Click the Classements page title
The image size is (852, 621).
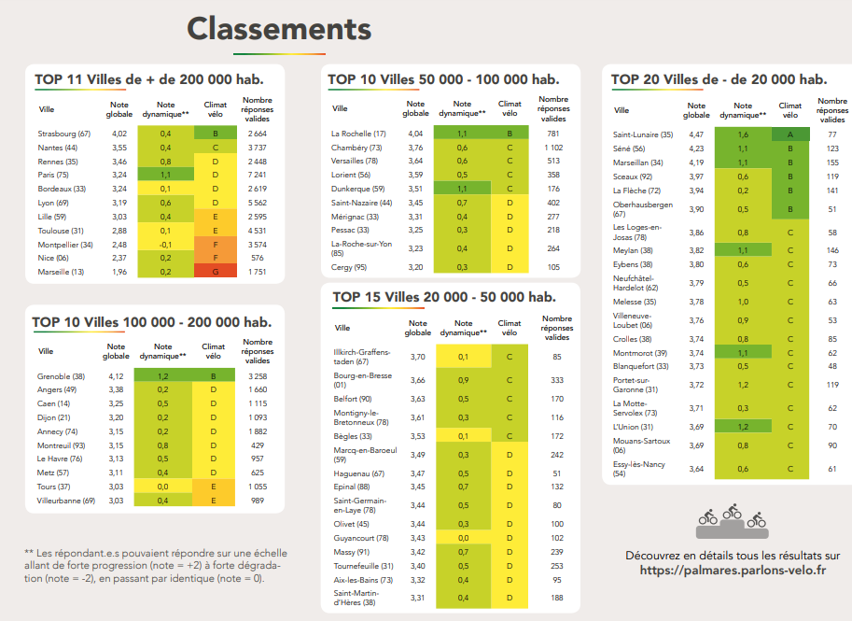point(279,29)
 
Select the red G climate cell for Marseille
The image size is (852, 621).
point(215,272)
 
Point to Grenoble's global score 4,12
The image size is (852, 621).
point(116,375)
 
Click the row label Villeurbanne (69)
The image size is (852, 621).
point(66,501)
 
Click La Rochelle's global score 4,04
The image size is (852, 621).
point(415,134)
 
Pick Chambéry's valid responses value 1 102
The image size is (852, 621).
point(553,148)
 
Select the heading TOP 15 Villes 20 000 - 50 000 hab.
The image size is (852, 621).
point(444,297)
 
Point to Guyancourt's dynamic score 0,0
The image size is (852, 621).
point(463,538)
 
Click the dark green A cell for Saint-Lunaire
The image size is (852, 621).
point(790,135)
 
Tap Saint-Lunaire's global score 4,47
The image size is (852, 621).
point(696,135)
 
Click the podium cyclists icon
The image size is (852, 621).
point(733,522)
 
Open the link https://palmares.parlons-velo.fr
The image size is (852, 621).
point(733,570)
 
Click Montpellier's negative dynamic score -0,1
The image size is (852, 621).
point(165,245)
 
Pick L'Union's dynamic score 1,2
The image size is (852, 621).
point(743,427)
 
